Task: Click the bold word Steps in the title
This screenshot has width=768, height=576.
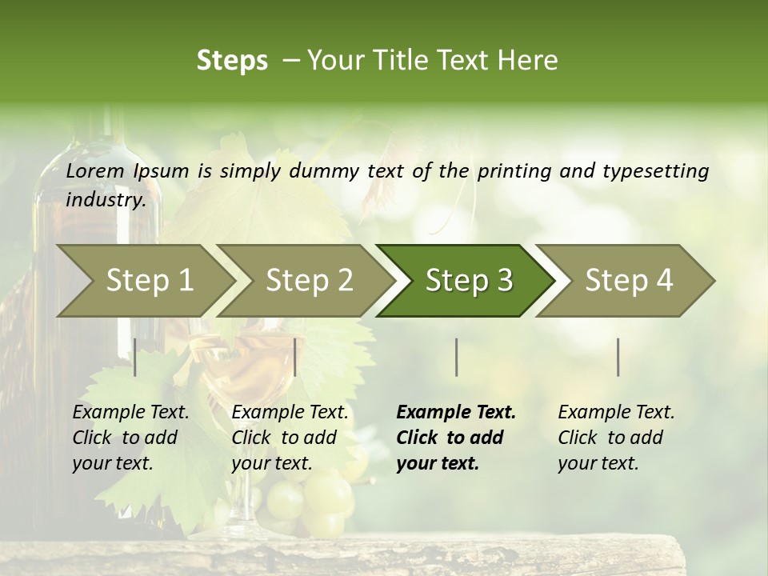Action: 232,61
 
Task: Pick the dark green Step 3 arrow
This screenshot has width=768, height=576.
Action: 469,280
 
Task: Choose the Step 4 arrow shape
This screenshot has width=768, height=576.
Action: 629,280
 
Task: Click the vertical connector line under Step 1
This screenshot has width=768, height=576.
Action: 135,357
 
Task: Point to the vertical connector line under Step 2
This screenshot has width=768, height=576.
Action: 295,357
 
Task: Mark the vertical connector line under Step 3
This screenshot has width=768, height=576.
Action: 456,357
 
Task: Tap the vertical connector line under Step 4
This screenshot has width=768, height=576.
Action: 618,357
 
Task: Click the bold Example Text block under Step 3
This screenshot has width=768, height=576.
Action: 456,438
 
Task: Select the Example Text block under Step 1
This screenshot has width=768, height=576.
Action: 130,438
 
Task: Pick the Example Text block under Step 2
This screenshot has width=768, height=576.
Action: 290,438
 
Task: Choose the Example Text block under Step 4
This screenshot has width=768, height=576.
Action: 616,438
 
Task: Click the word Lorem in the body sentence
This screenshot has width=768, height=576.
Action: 95,171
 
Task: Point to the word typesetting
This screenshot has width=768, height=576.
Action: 655,171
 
